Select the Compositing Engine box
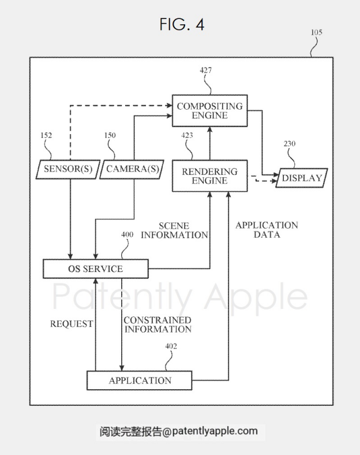point(210,111)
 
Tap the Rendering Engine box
point(209,177)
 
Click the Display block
point(301,178)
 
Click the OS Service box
point(96,269)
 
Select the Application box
point(140,381)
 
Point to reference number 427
point(206,70)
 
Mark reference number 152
point(46,136)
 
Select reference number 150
point(110,136)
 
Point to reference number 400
point(128,235)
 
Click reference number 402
point(171,346)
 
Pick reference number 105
point(317,33)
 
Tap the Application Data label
point(267,230)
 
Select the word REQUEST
point(71,324)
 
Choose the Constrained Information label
point(157,325)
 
